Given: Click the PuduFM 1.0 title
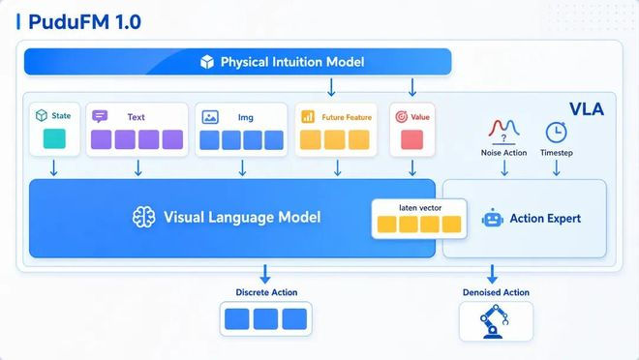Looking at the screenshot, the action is [85, 22].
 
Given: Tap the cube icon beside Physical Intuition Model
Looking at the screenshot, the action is [207, 62].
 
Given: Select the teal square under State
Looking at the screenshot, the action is [54, 138].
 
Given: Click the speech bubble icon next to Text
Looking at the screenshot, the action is [100, 116].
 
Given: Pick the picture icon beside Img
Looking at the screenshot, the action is [210, 117].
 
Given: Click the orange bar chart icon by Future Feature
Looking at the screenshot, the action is [308, 117].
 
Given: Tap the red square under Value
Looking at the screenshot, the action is [412, 139].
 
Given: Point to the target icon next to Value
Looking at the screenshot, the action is [402, 117].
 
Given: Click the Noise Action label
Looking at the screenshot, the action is [503, 153].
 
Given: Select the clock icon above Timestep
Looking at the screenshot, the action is [556, 133].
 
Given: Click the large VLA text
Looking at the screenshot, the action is [587, 109].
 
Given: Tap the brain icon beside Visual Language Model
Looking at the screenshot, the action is [144, 217].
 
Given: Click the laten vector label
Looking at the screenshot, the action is [420, 208].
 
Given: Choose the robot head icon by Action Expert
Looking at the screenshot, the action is [492, 219].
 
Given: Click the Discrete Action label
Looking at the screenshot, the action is [266, 292].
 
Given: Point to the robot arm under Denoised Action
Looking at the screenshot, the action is [494, 321].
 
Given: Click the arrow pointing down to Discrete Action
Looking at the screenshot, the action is [265, 275].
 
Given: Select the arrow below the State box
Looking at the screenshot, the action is [54, 168].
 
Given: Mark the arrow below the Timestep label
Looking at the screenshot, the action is [557, 167].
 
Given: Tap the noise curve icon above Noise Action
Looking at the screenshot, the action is [503, 130].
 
